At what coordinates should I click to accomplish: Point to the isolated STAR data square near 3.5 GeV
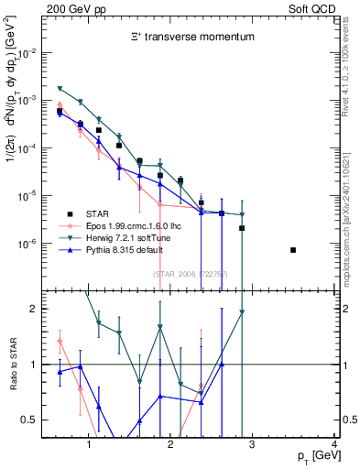293,250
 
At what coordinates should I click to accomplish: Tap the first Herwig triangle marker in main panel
60,88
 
